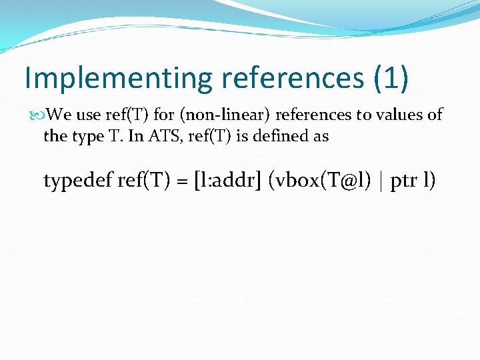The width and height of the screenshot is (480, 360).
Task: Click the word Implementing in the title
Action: point(117,78)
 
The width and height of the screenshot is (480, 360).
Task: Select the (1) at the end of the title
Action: point(389,78)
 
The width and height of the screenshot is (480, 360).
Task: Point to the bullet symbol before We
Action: point(39,115)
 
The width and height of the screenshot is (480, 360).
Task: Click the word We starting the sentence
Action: point(60,115)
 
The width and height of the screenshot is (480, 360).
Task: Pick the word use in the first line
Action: point(88,115)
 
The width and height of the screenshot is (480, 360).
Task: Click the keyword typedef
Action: point(77,181)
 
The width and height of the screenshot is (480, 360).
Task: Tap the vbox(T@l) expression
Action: point(319,181)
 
